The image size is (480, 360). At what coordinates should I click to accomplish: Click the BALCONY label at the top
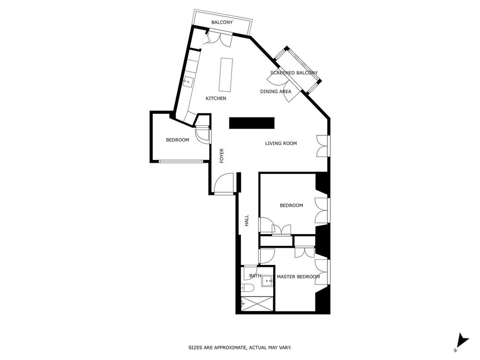coord(222,23)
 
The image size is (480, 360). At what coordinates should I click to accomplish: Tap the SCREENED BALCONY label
coord(294,73)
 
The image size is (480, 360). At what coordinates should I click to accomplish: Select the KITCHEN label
coord(216,98)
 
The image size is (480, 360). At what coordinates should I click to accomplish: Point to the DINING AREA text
coord(276,92)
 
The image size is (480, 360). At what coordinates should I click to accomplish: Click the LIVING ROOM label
coord(281,143)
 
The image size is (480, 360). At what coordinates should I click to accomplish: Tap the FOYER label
coord(222,156)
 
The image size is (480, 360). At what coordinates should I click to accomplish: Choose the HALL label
coord(247,220)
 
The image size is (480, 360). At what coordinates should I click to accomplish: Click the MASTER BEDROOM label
coord(298,276)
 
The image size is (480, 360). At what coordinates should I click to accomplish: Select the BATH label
coord(255,276)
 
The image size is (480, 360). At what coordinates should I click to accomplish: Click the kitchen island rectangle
coord(226,74)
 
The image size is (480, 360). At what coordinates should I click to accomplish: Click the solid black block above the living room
coord(252,123)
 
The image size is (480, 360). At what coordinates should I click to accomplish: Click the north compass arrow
coord(461,340)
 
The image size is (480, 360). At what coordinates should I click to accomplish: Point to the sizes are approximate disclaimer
coord(240,347)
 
